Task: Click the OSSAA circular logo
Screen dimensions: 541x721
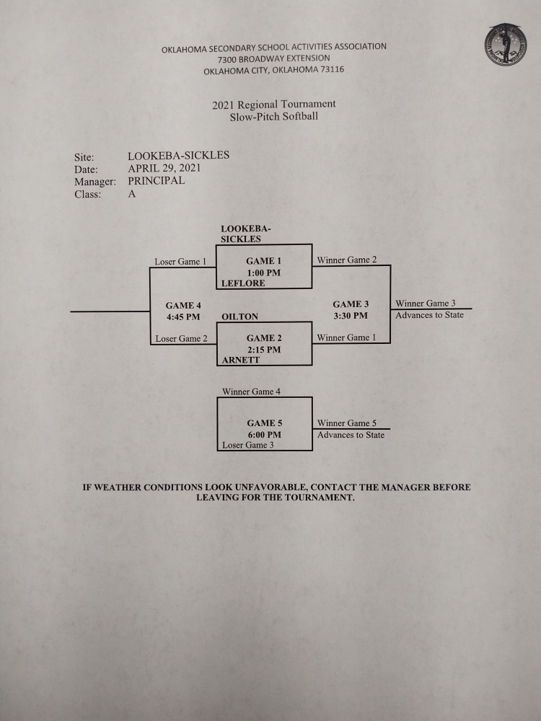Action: coord(505,45)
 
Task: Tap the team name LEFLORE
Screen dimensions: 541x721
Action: coord(243,283)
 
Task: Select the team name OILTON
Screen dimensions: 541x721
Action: coord(239,317)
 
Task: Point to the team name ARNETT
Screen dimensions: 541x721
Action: coord(241,360)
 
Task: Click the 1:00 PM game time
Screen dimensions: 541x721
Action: coord(263,273)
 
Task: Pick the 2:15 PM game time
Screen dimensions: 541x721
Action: coord(263,350)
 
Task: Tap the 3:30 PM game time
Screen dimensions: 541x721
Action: coord(351,316)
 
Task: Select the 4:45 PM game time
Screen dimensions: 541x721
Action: coord(183,317)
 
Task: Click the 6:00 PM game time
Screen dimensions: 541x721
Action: coord(264,435)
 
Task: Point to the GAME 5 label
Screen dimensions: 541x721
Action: coord(265,423)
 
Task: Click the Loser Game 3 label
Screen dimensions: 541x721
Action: coord(248,445)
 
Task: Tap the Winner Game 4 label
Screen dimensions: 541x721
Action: coord(251,392)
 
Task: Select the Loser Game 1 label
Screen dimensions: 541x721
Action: coord(180,262)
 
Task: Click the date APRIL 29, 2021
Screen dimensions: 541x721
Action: coord(164,168)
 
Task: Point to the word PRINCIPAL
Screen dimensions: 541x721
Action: coord(157,181)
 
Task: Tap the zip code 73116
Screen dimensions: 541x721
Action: coord(332,70)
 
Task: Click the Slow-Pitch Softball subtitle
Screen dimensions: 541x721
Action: coord(274,116)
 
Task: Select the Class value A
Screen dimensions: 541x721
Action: coord(132,194)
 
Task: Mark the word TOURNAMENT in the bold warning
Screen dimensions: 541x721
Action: coord(320,497)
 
